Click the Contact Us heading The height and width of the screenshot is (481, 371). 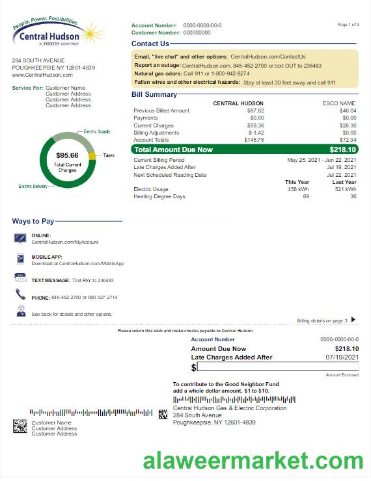[x=150, y=44]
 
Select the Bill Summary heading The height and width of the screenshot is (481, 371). [x=154, y=95]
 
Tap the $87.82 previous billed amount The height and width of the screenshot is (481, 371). [x=255, y=110]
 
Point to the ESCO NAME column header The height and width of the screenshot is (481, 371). [x=339, y=103]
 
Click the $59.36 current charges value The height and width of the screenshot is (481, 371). [x=255, y=125]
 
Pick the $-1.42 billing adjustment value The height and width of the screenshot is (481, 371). [x=256, y=133]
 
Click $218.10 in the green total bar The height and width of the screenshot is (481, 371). [x=343, y=149]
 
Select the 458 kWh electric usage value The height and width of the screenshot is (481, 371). [x=299, y=189]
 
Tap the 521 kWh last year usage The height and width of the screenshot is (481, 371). [x=346, y=189]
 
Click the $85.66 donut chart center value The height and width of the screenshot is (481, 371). [x=67, y=155]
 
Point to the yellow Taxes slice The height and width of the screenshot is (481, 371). [x=92, y=155]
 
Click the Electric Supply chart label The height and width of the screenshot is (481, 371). [x=97, y=132]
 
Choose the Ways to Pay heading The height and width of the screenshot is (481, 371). [x=34, y=222]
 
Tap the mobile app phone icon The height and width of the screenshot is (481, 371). [x=20, y=259]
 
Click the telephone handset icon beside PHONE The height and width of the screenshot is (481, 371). [x=20, y=295]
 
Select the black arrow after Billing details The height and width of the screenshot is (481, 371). [x=353, y=319]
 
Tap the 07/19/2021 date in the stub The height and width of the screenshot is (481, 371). [x=342, y=357]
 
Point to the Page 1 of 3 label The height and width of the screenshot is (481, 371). [x=348, y=25]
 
